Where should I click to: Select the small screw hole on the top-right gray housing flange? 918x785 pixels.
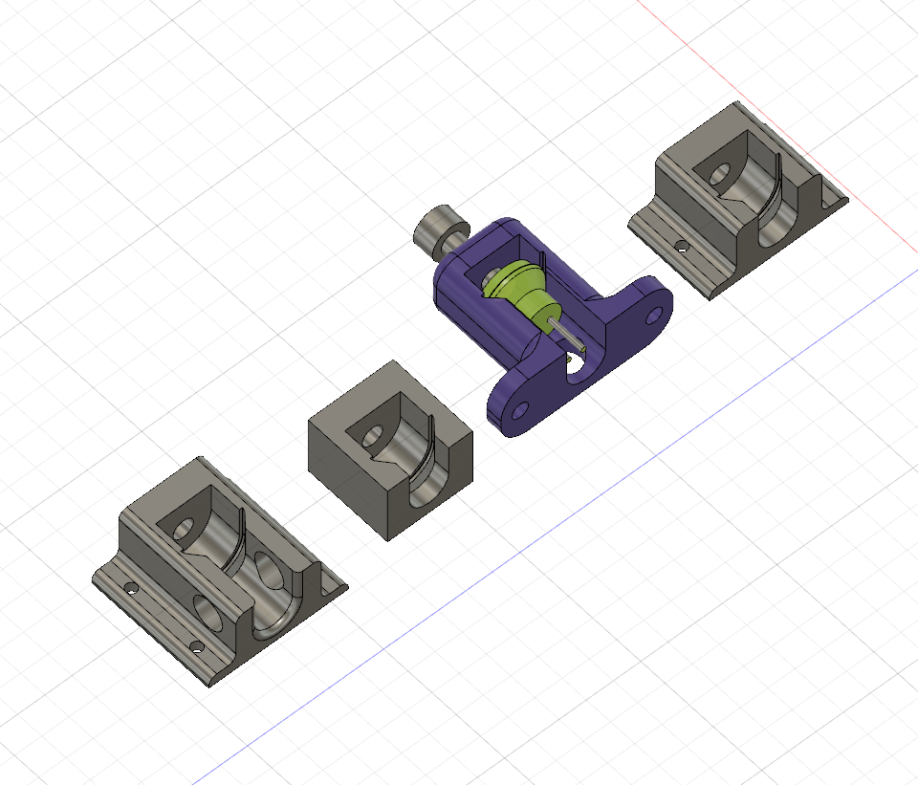pyautogui.click(x=681, y=246)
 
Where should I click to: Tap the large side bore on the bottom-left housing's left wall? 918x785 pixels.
pyautogui.click(x=208, y=612)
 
